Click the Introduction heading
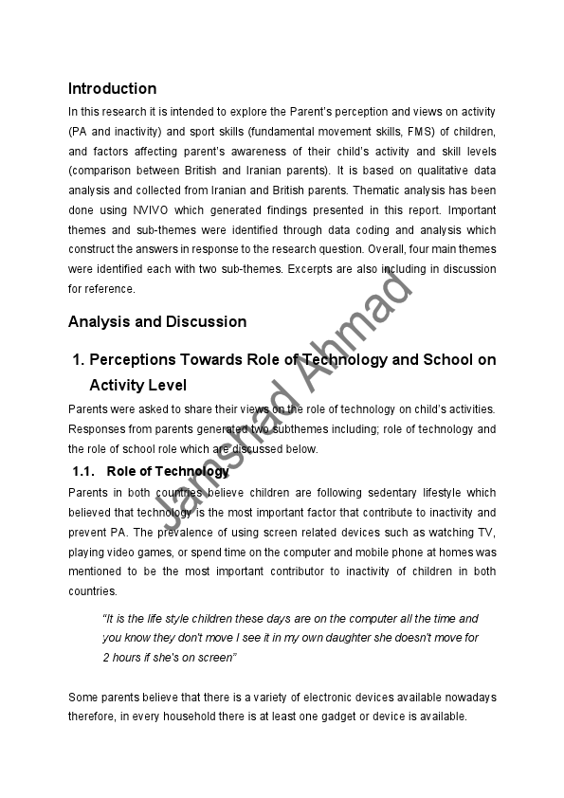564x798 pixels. pos(112,89)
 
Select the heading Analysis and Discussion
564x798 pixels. pos(157,321)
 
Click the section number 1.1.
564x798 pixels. pos(85,471)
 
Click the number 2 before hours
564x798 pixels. pos(105,658)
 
